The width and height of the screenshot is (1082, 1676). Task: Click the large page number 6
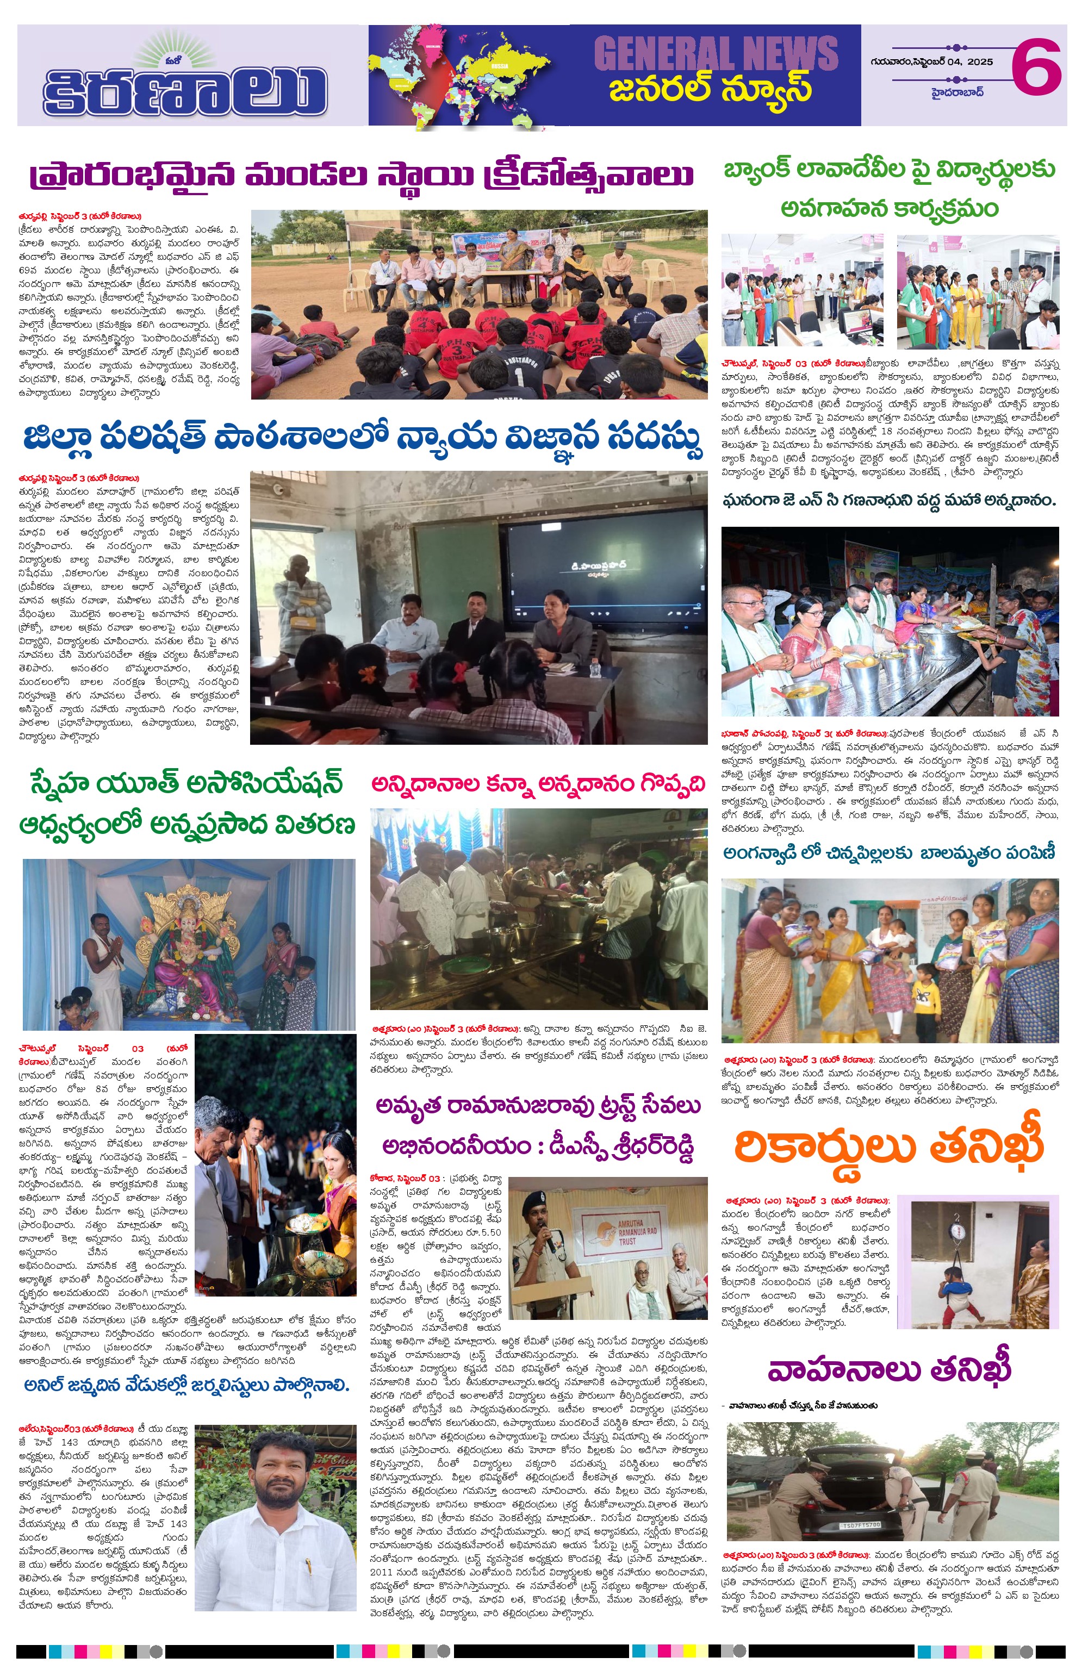tap(1036, 67)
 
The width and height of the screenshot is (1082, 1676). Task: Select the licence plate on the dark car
tap(860, 1525)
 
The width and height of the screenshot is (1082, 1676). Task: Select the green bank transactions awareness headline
tap(890, 188)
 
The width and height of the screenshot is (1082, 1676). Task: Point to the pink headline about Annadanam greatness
tap(538, 784)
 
